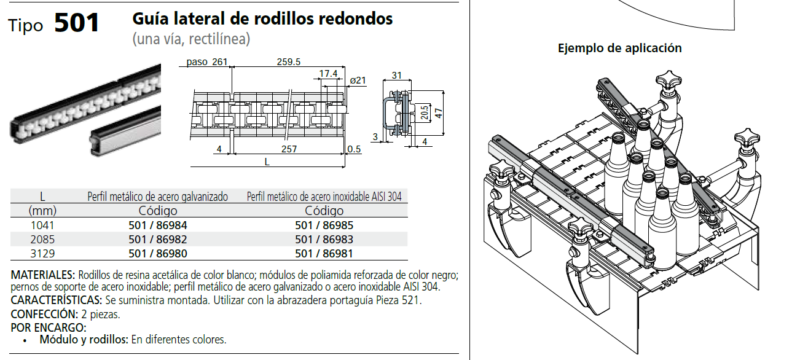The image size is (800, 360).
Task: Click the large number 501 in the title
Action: pyautogui.click(x=77, y=23)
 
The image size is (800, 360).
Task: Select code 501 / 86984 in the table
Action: pyautogui.click(x=158, y=225)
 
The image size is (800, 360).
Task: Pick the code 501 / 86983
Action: pyautogui.click(x=324, y=239)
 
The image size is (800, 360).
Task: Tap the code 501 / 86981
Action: pyautogui.click(x=324, y=253)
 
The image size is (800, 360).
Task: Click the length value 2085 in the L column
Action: pyautogui.click(x=42, y=239)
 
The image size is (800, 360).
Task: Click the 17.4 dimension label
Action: pyautogui.click(x=328, y=74)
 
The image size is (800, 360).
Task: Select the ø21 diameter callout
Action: pyautogui.click(x=357, y=80)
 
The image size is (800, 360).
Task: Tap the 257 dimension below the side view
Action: pyautogui.click(x=288, y=149)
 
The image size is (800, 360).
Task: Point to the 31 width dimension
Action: pyautogui.click(x=396, y=76)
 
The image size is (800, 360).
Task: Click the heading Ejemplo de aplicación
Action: pyautogui.click(x=619, y=48)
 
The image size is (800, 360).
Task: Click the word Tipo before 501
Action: pyautogui.click(x=26, y=26)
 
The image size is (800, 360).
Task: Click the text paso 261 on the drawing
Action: pyautogui.click(x=207, y=61)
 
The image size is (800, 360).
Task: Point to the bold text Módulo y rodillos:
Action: pyautogui.click(x=84, y=339)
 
